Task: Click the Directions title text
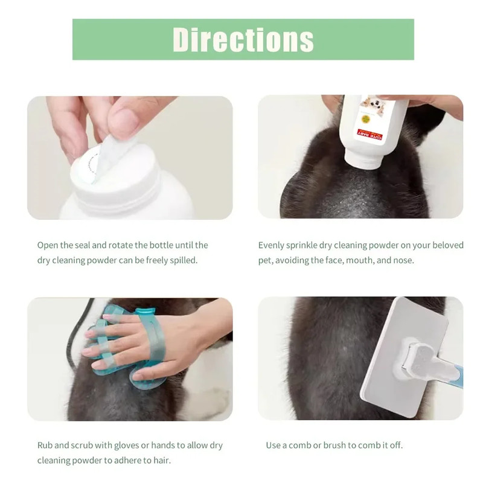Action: tap(243, 39)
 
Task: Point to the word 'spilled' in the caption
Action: tap(179, 260)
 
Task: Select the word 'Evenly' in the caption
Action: tap(272, 245)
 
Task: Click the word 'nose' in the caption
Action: tap(403, 260)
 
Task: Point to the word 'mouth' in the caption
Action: tap(355, 260)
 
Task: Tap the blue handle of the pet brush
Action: tap(457, 374)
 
